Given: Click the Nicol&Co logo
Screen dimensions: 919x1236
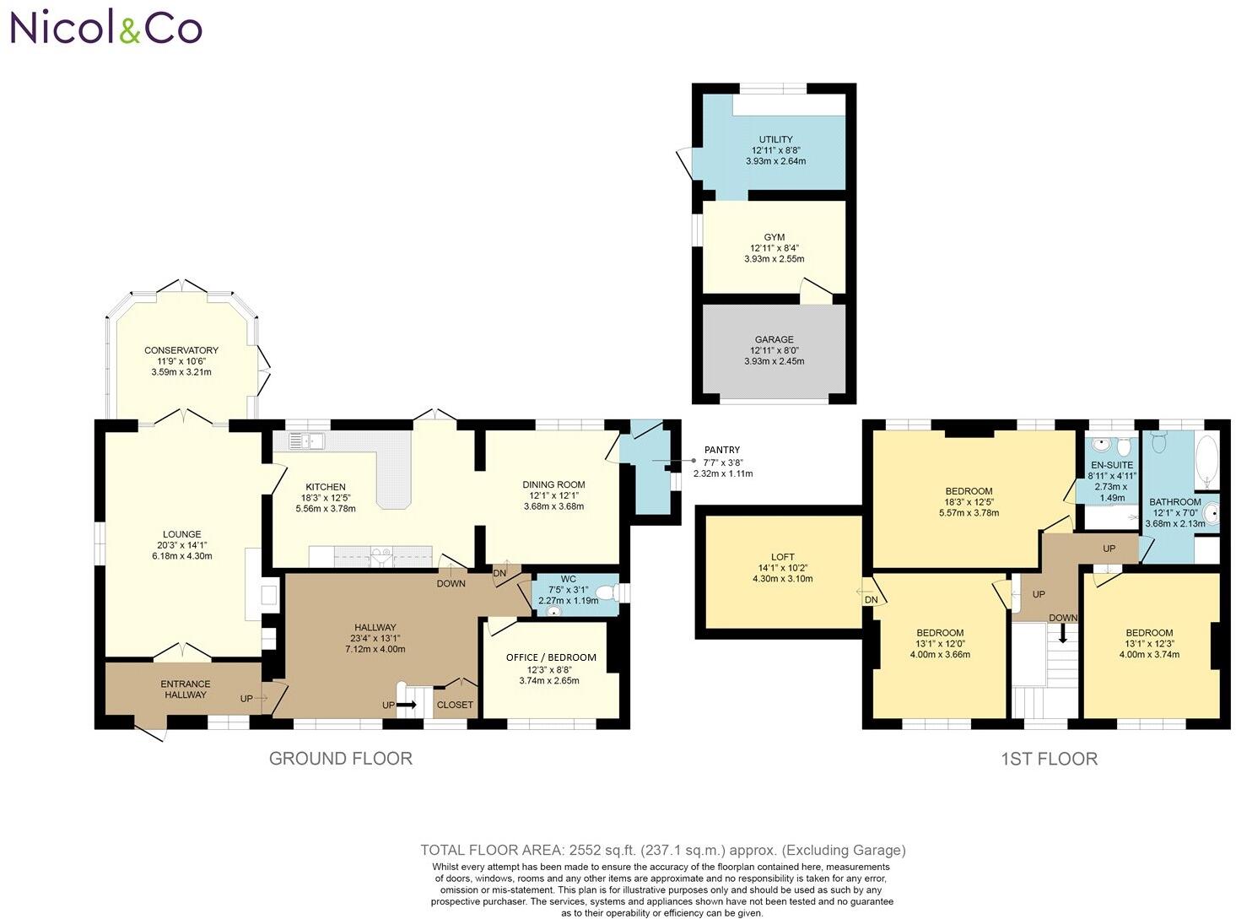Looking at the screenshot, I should pyautogui.click(x=105, y=28).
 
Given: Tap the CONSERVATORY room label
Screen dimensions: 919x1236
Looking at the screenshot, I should pyautogui.click(x=181, y=350).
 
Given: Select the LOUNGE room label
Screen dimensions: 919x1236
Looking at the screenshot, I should pyautogui.click(x=182, y=534).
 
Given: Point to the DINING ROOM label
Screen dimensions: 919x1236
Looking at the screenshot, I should pyautogui.click(x=553, y=484).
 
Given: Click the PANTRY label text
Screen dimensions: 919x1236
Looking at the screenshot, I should pyautogui.click(x=722, y=451).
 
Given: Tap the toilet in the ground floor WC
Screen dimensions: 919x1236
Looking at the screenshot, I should pyautogui.click(x=605, y=594).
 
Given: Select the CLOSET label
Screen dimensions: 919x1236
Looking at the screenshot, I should pyautogui.click(x=455, y=705).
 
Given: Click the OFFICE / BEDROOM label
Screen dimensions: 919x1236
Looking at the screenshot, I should pyautogui.click(x=551, y=657).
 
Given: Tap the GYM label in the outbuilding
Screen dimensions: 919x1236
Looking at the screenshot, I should pyautogui.click(x=774, y=237).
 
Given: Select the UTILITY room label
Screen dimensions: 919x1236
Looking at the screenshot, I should pyautogui.click(x=775, y=140).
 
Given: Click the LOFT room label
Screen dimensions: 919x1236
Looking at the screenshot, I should pyautogui.click(x=782, y=557).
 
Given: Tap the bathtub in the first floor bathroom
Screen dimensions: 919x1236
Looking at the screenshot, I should pyautogui.click(x=1207, y=462).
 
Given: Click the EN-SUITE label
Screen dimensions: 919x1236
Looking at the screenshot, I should pyautogui.click(x=1112, y=465).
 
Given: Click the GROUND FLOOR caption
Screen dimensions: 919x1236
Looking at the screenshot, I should pyautogui.click(x=340, y=759).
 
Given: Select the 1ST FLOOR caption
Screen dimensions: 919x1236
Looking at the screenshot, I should pyautogui.click(x=1049, y=759).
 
